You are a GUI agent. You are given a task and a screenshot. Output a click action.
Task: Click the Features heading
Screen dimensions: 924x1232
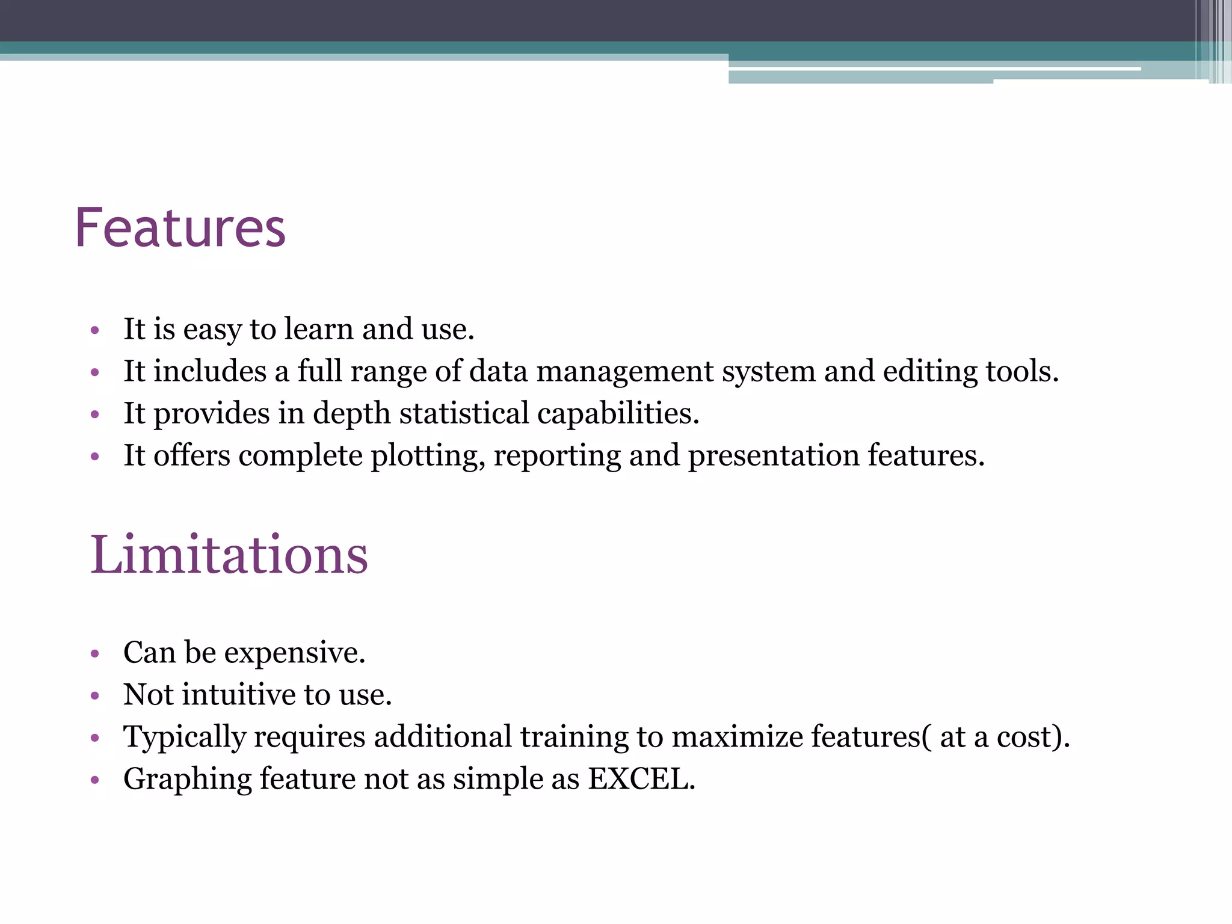point(180,228)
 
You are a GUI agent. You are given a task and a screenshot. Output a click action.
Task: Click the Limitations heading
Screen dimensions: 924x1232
point(229,555)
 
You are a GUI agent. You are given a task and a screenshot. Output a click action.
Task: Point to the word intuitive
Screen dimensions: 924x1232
point(239,695)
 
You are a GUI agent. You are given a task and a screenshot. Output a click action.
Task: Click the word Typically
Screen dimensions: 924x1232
point(184,738)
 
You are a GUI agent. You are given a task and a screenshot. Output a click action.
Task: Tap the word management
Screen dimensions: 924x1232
point(624,371)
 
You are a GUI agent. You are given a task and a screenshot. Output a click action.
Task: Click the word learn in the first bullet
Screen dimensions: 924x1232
point(318,329)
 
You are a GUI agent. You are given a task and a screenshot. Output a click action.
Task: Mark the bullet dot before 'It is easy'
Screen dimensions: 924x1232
point(94,330)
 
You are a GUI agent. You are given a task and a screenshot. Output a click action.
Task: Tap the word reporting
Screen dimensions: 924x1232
point(557,456)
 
